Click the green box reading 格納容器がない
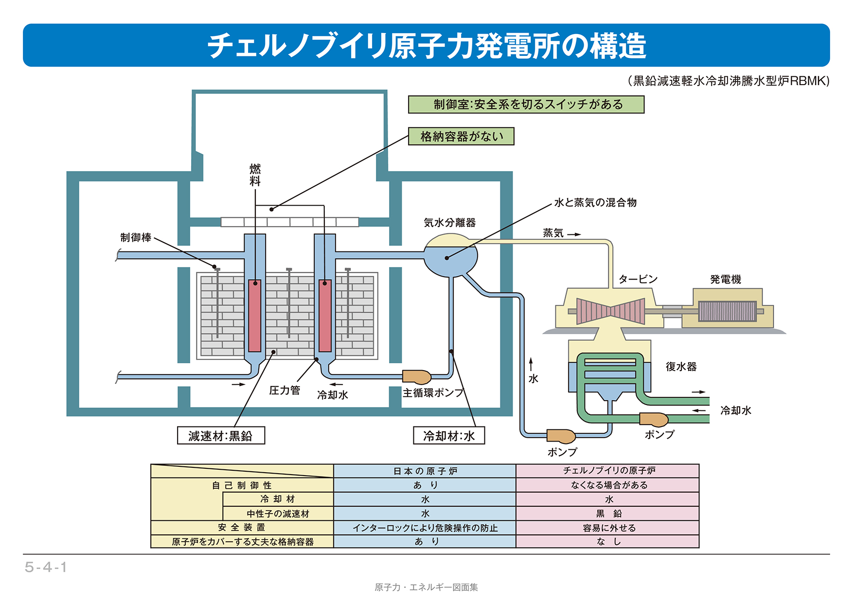click(461, 137)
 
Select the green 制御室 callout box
click(526, 105)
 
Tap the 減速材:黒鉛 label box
click(221, 436)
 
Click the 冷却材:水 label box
click(448, 436)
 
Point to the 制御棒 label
click(136, 237)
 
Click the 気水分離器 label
click(449, 223)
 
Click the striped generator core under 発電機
click(727, 311)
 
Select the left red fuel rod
click(255, 315)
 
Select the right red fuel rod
click(325, 315)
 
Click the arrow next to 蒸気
click(574, 234)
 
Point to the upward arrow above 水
click(531, 364)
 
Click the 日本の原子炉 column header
click(425, 471)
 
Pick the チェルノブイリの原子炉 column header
click(608, 471)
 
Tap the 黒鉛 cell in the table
click(608, 514)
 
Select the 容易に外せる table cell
click(608, 528)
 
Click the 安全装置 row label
click(242, 528)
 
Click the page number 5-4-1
click(46, 567)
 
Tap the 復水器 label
click(681, 367)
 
